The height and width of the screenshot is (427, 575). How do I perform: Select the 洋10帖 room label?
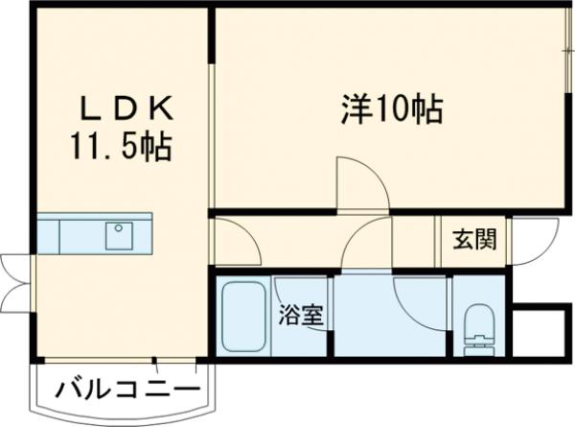390,108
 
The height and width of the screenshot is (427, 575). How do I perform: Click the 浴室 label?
300,315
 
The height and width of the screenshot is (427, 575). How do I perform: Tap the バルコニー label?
128,391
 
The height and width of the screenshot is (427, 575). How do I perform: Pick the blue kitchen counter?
94,233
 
